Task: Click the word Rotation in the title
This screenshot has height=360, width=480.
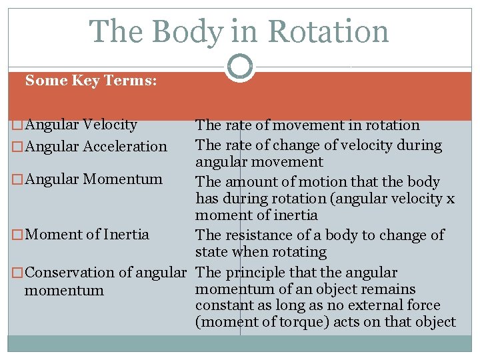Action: point(329,31)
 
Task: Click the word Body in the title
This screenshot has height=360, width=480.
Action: point(185,31)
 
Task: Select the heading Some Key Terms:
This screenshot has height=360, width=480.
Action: point(91,81)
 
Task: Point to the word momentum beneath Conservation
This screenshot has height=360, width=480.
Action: point(64,291)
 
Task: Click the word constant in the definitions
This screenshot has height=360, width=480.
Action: point(223,305)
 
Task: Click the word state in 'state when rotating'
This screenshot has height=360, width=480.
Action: point(210,252)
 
